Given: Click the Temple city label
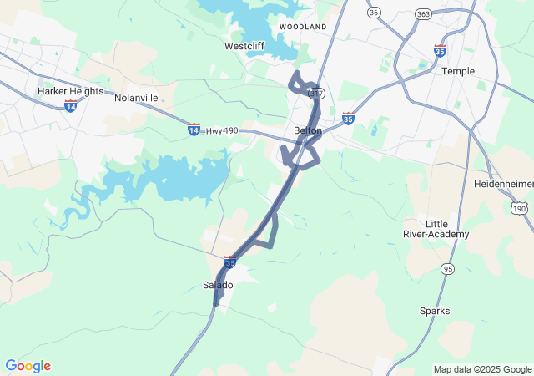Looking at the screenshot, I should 458,71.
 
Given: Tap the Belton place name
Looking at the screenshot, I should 308,130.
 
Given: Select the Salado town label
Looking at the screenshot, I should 218,285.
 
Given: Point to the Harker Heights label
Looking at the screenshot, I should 70,90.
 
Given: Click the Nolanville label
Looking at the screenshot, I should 136,98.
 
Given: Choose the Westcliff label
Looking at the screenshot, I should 245,46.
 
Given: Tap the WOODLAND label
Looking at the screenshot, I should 303,27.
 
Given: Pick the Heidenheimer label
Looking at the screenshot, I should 503,183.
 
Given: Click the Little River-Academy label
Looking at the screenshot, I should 436,229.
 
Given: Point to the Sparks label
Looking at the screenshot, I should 435,311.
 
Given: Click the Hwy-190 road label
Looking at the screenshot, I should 221,130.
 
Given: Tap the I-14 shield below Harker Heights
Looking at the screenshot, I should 70,106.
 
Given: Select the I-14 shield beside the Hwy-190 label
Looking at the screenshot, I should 194,130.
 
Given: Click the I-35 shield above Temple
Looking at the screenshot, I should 441,51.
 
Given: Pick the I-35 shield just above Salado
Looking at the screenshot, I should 230,262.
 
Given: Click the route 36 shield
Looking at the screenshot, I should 374,12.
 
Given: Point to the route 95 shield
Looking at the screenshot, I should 448,268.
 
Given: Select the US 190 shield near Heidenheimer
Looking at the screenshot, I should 519,207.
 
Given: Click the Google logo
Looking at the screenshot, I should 28,366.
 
